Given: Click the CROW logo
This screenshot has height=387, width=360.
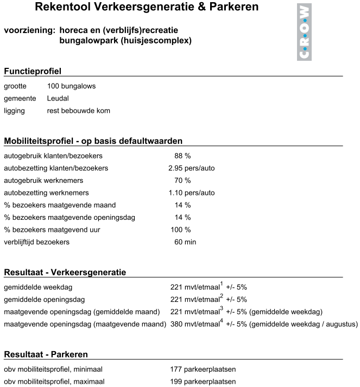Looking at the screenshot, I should coord(305,31).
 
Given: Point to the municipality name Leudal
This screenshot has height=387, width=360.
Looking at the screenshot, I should coord(58,98).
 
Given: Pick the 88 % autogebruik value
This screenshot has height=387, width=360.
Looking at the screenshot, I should coord(182,156).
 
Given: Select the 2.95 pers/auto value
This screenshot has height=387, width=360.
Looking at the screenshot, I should coord(192,168).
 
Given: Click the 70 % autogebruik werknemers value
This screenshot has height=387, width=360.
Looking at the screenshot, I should coord(182,180).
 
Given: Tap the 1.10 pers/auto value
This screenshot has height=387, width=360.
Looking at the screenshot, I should coord(192,193).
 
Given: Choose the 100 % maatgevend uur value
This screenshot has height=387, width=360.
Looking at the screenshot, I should coord(181,230).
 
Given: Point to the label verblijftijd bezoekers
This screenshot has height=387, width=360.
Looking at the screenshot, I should coord(36,242).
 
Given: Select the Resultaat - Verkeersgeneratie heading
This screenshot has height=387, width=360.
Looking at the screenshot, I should coord(65,272).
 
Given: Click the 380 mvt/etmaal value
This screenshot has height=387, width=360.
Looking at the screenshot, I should coord(193,325).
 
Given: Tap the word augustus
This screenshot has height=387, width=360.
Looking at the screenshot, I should coord(343,325).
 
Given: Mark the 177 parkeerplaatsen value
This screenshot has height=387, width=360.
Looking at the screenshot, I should coord(203,370).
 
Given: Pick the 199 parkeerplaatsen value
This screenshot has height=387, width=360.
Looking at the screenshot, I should coord(203,382).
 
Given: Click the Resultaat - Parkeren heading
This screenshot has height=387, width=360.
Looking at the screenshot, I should coord(46,354).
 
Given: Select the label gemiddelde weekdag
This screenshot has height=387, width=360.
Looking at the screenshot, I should coord(38,287).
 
